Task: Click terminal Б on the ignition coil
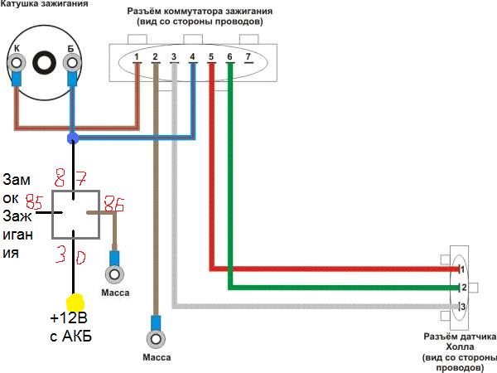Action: coord(71,61)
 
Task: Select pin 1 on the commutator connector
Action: coord(137,56)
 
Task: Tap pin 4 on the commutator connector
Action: coord(192,56)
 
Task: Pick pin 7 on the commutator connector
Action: coord(248,56)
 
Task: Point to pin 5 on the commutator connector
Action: coord(211,56)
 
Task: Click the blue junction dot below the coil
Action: coord(73,138)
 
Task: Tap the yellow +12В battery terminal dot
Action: coord(75,303)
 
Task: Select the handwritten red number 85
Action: coord(34,202)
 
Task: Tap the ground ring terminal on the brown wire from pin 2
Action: coord(155,338)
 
